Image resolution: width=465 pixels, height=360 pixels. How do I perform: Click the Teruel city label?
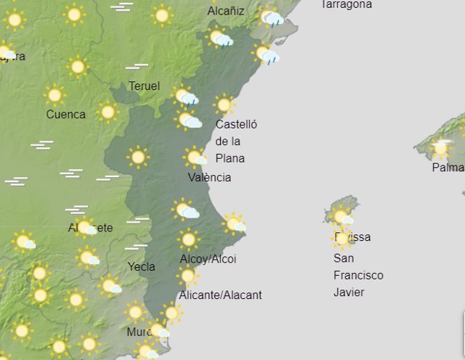pos(144,86)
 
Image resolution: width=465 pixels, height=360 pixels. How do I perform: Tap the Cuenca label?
pos(65,114)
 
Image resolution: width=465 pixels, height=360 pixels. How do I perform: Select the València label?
pos(209,177)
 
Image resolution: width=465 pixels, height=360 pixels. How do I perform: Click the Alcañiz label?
pos(226,11)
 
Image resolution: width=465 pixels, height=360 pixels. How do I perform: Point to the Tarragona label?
pos(346,4)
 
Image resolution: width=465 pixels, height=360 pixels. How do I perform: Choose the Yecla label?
pos(141,266)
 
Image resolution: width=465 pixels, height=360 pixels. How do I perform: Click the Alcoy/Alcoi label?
pos(208,259)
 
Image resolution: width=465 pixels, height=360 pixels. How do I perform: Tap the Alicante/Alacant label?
pos(220,295)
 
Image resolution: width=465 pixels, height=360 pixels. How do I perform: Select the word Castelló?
pos(236,124)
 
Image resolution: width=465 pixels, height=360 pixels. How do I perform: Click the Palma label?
pos(448,168)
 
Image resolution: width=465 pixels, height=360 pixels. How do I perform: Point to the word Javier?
pos(349,292)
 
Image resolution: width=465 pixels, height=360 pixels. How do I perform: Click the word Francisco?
pos(358,275)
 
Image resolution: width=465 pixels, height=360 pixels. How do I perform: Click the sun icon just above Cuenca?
pos(54,95)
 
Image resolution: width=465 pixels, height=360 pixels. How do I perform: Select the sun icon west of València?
pos(137,156)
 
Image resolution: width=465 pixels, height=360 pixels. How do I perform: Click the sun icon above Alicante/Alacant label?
pos(187,276)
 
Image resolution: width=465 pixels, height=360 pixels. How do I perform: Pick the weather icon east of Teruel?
pos(186,96)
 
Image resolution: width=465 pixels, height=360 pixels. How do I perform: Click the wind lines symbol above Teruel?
pos(137,67)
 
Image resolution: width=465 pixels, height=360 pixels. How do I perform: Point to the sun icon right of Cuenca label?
pos(108,112)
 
